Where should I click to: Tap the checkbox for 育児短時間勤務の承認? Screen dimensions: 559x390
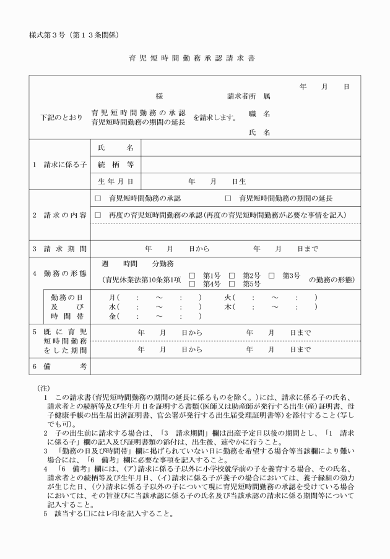tap(98, 199)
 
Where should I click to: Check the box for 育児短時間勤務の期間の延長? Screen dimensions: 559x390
tap(228, 199)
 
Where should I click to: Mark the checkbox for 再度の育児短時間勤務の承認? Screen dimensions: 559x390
tap(98, 215)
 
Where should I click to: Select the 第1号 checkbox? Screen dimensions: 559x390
tap(192, 275)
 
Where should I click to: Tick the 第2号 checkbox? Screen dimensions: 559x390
tap(232, 275)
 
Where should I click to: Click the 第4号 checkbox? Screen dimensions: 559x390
tap(192, 284)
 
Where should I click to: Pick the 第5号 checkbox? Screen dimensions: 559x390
tap(232, 284)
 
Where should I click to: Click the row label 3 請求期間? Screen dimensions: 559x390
tap(59, 249)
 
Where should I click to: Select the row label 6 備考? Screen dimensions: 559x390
tap(59, 366)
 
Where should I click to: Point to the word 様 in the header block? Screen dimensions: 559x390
tap(159, 97)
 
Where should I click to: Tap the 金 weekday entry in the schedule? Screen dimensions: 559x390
tap(113, 316)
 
